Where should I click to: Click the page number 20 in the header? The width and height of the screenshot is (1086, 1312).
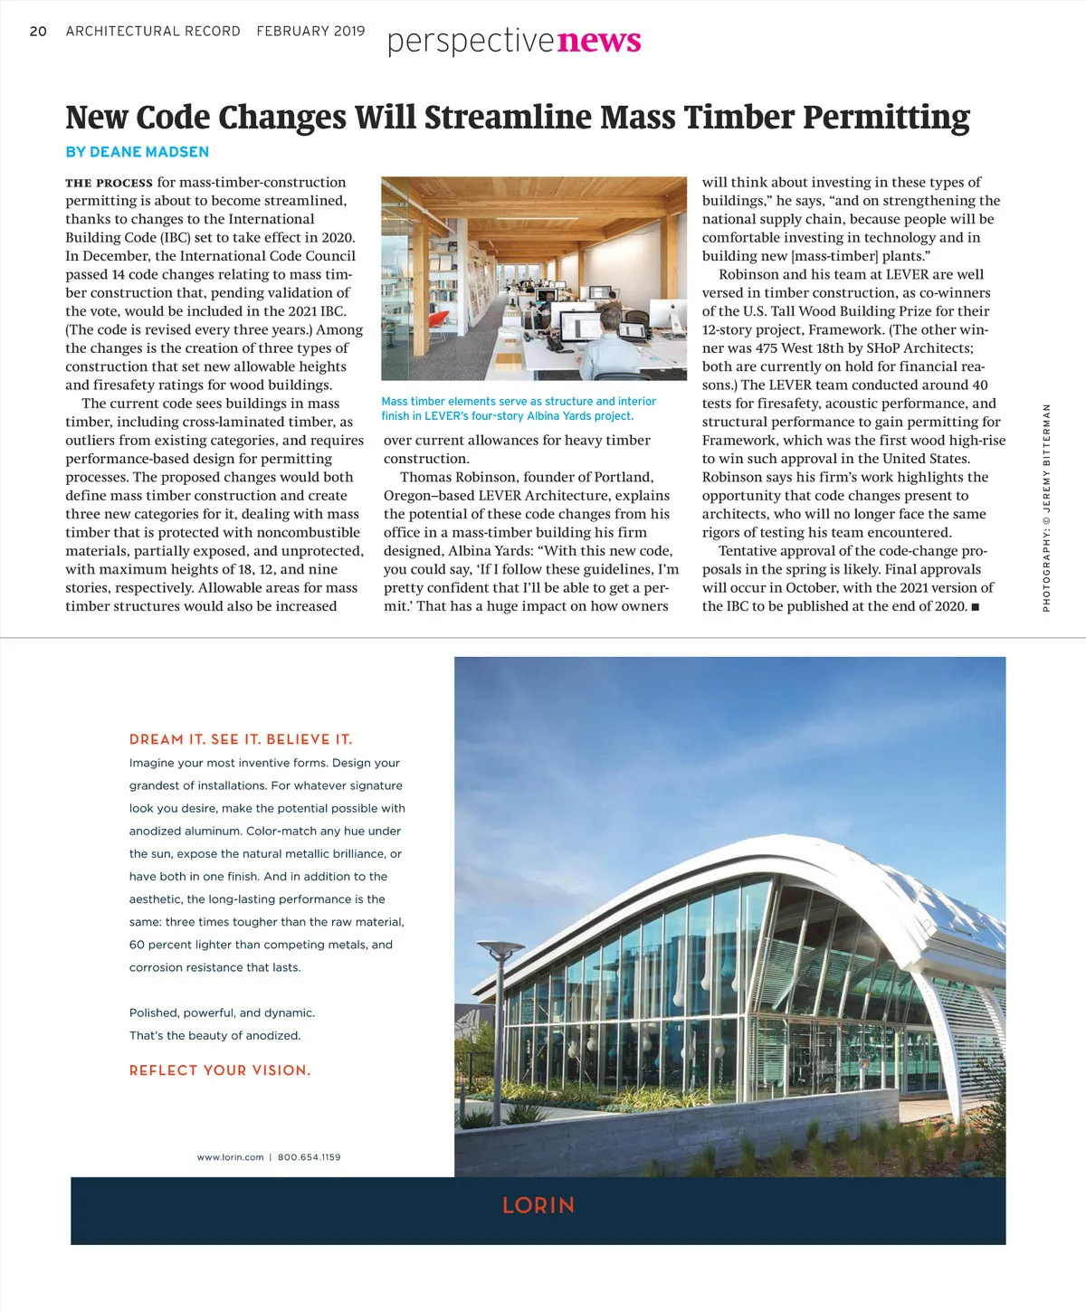pos(38,31)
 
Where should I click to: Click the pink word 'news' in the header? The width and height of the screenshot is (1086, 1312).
pos(599,41)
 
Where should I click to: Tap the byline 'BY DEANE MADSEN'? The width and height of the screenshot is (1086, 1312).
pos(137,152)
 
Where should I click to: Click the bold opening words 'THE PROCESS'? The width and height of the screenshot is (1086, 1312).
pos(109,183)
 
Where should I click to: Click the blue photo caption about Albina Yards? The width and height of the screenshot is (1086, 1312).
pos(519,409)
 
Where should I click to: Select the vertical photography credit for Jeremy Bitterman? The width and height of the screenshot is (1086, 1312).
pos(1046,507)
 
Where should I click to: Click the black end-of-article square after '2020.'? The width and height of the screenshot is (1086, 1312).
pos(975,607)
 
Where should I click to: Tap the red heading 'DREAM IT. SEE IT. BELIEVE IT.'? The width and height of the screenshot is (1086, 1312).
pos(241,739)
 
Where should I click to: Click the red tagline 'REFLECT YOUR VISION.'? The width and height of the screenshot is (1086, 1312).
pos(220,1070)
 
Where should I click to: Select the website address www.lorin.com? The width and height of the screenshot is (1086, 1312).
pos(230,1157)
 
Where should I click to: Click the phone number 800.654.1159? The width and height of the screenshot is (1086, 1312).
pos(310,1157)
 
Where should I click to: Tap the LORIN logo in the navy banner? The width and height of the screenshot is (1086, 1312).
pos(538,1206)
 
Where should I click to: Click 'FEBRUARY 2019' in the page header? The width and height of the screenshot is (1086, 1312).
pos(310,31)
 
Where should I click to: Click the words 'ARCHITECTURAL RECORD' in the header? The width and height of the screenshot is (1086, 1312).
pos(153,31)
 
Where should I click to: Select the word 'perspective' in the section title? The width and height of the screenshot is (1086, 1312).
pos(471,42)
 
